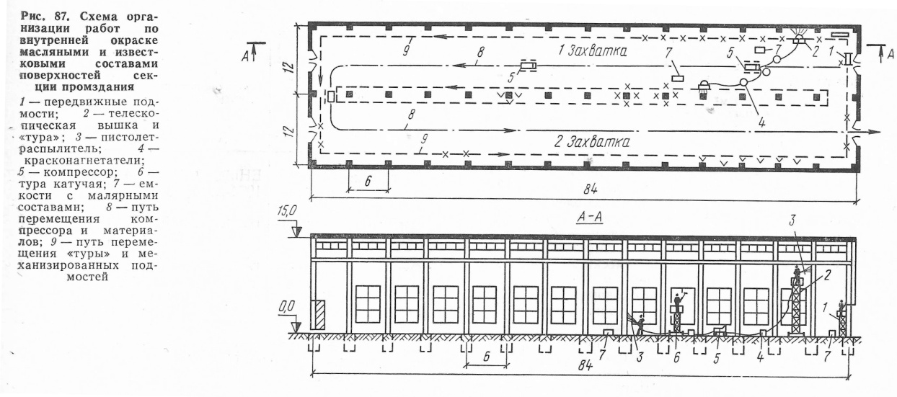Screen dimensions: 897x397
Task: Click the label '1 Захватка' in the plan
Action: tap(593, 51)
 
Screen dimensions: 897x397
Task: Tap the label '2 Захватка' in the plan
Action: tap(591, 142)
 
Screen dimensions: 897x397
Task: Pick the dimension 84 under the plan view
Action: tap(590, 189)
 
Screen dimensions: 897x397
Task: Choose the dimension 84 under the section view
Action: tap(585, 366)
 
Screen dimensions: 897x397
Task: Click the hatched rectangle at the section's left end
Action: tap(319, 314)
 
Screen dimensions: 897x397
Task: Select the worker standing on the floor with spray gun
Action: tap(641, 324)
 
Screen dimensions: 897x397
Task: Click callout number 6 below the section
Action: tap(676, 357)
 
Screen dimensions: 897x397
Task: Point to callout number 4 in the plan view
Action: tap(761, 122)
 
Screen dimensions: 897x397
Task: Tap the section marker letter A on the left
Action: tap(245, 57)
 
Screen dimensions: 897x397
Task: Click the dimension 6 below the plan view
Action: tap(368, 181)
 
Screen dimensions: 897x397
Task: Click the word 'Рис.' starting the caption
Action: tap(33, 17)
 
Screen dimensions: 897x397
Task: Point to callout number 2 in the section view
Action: tap(826, 275)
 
